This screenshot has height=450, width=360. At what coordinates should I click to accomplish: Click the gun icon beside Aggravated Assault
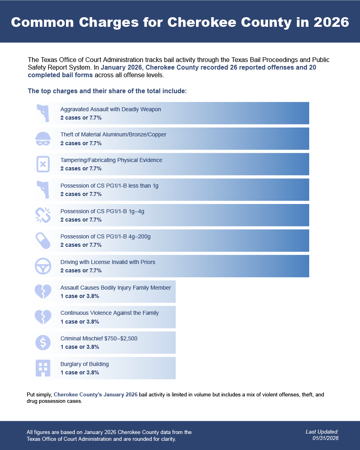point(43,113)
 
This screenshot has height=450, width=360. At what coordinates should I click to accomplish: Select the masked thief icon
point(43,138)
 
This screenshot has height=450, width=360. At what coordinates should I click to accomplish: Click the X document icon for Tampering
point(43,164)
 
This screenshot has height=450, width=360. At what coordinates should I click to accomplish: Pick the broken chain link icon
point(43,215)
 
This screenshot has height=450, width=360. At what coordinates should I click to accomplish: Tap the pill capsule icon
point(43,240)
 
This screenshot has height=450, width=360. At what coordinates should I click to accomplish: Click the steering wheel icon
point(43,266)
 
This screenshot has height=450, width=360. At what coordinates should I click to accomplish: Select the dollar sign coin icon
point(43,342)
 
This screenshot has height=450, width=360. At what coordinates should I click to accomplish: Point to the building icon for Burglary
point(43,368)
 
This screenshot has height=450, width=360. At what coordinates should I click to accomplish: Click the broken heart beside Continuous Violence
point(43,317)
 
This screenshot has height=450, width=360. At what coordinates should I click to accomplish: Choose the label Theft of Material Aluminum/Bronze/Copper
point(113,134)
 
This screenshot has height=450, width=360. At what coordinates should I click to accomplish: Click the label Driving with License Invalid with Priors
point(108,262)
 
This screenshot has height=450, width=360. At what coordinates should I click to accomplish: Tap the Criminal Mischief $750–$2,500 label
point(99,338)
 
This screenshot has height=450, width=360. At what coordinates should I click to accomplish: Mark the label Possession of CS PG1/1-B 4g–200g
point(105,236)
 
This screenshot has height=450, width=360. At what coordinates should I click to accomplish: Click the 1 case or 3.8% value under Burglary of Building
point(80,372)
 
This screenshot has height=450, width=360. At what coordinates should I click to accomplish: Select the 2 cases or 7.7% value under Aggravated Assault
point(81,118)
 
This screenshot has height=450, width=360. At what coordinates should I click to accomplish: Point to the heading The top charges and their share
point(107,91)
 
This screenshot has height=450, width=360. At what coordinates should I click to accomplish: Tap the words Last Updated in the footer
point(322,432)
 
